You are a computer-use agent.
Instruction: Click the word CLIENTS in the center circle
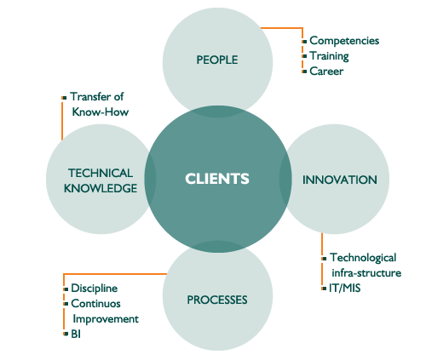pyautogui.click(x=217, y=179)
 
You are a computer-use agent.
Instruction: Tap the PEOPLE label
pyautogui.click(x=217, y=60)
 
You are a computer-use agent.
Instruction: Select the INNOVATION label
pyautogui.click(x=340, y=180)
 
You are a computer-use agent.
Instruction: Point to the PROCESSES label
pyautogui.click(x=217, y=300)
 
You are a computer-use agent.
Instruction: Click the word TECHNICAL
pyautogui.click(x=101, y=173)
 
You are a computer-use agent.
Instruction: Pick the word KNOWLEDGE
pyautogui.click(x=101, y=188)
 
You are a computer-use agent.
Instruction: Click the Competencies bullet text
pyautogui.click(x=344, y=41)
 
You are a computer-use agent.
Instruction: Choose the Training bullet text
pyautogui.click(x=329, y=56)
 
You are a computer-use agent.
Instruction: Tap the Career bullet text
pyautogui.click(x=326, y=71)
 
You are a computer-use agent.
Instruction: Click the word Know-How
pyautogui.click(x=101, y=112)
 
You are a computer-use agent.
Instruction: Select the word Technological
pyautogui.click(x=363, y=258)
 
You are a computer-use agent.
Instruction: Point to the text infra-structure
pyautogui.click(x=366, y=273)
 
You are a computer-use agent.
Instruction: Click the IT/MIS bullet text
pyautogui.click(x=345, y=289)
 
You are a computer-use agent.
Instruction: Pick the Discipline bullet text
pyautogui.click(x=95, y=289)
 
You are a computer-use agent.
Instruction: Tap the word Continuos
pyautogui.click(x=96, y=304)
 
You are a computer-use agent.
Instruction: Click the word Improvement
pyautogui.click(x=106, y=319)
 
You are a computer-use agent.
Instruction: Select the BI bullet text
pyautogui.click(x=76, y=334)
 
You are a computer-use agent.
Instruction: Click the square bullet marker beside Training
pyautogui.click(x=304, y=56)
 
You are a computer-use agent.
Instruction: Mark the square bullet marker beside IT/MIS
pyautogui.click(x=324, y=289)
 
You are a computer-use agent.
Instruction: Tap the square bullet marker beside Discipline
pyautogui.click(x=66, y=289)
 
